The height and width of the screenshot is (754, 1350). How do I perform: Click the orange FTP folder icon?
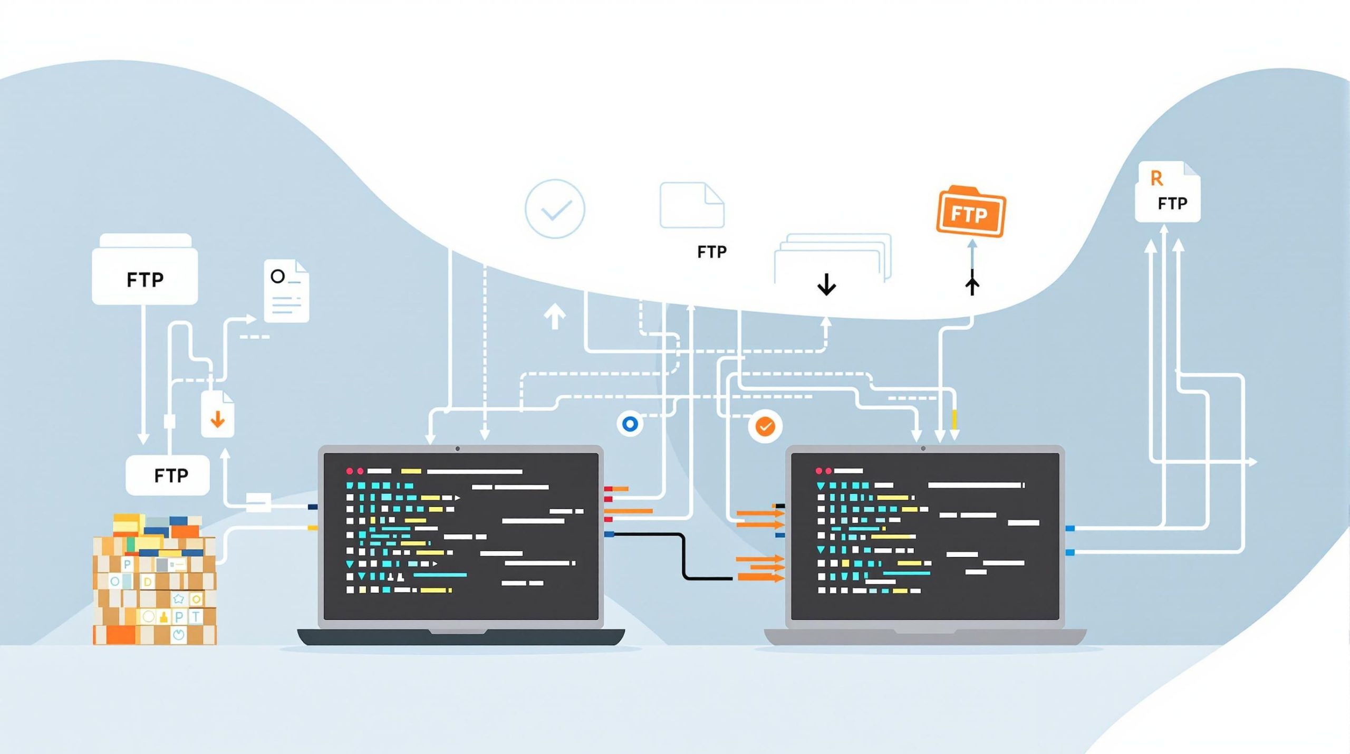971,213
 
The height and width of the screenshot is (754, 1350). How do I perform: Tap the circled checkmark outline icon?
555,209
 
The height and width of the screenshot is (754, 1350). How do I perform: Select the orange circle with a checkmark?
765,426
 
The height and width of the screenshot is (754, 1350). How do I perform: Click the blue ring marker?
630,424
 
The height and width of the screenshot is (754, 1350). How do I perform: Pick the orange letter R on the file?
1156,179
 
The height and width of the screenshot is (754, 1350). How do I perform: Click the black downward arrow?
826,284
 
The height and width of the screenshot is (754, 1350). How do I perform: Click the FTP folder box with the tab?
145,270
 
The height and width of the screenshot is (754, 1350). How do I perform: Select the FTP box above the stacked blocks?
168,475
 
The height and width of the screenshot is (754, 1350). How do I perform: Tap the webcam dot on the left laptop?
458,449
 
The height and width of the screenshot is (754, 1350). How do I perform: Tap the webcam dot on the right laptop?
923,449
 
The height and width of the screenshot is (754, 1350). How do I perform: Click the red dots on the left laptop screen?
354,471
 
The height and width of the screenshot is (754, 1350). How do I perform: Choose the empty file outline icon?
692,205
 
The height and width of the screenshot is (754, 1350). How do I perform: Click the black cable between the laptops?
683,557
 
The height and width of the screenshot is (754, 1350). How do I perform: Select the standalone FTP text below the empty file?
711,252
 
